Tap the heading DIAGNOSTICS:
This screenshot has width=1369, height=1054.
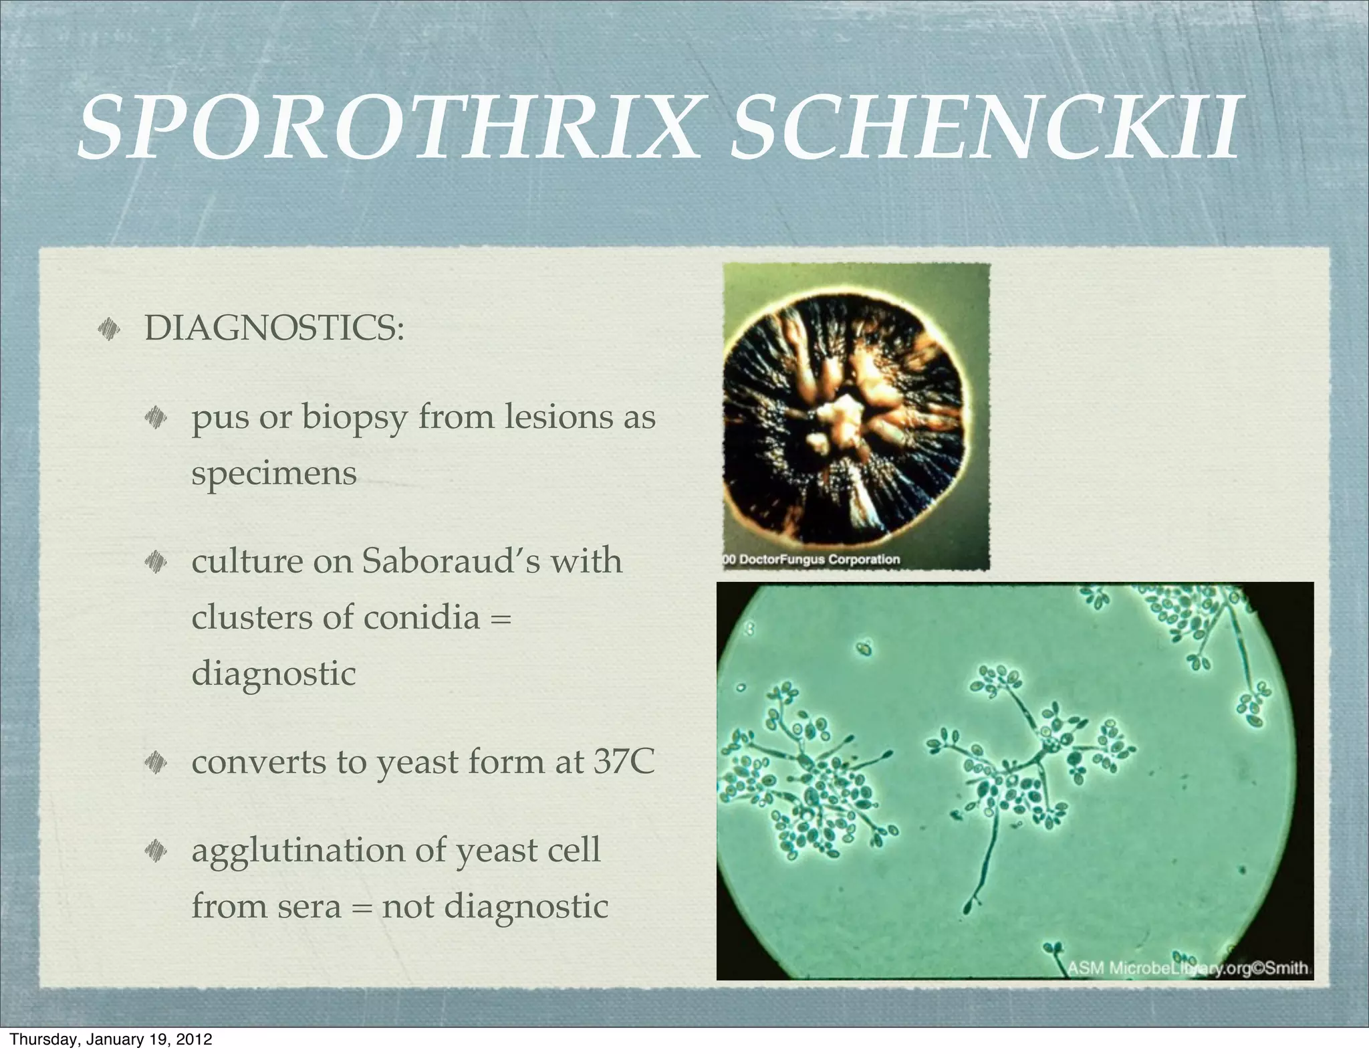(x=274, y=328)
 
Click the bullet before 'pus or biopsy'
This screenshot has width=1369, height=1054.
(x=156, y=418)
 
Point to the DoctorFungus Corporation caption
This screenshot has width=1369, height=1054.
(x=812, y=559)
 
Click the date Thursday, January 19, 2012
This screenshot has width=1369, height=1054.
(x=111, y=1039)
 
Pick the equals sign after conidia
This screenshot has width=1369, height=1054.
(x=501, y=618)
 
